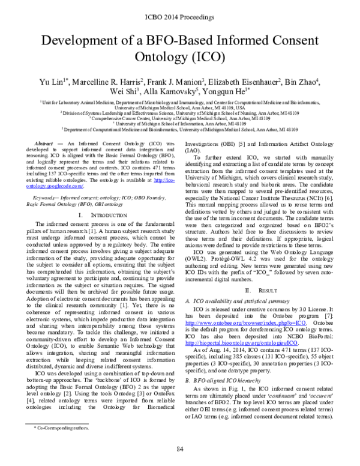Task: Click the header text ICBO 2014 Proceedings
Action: (180, 11)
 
